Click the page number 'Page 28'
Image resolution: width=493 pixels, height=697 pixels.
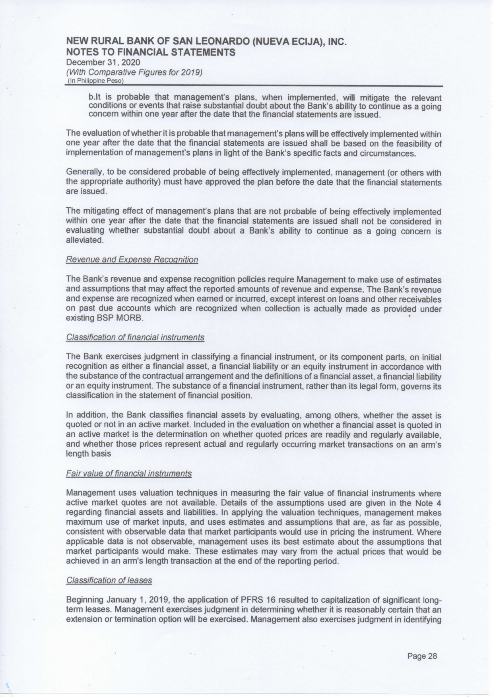422,656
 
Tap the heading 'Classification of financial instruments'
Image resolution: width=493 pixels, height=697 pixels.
135,338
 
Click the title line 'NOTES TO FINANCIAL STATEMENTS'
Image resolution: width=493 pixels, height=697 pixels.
150,52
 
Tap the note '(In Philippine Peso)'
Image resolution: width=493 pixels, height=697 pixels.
96,81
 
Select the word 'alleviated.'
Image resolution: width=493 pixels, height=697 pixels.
85,241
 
